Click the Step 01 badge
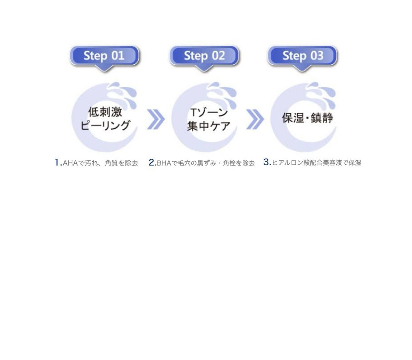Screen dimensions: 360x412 104,56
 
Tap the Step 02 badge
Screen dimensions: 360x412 205,56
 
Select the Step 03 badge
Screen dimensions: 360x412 302,56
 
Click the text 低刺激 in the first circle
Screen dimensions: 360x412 105,112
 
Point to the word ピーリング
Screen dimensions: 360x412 105,126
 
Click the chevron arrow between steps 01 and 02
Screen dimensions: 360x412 155,119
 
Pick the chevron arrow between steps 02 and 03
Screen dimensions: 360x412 254,119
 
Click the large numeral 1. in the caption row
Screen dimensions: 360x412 58,163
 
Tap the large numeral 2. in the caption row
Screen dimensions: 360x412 152,163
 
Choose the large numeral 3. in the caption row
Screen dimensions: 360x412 267,162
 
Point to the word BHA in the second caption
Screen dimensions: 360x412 164,163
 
